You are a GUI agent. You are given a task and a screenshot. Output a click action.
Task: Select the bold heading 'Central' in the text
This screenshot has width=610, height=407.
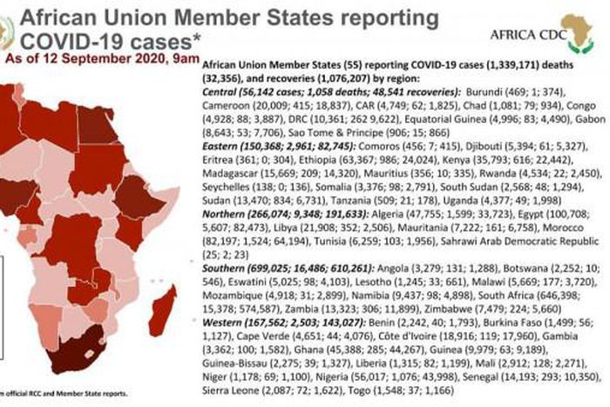click(220, 92)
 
